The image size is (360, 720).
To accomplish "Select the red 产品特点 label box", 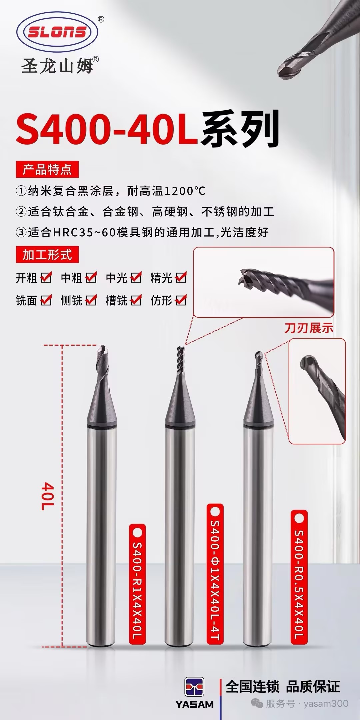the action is [x=47, y=169].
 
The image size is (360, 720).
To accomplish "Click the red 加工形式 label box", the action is [x=47, y=255].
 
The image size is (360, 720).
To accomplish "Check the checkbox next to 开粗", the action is [x=46, y=277].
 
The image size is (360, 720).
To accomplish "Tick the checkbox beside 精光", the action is [x=181, y=277].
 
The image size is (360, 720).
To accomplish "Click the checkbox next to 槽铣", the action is [x=136, y=300].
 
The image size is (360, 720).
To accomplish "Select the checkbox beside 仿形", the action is [x=181, y=300].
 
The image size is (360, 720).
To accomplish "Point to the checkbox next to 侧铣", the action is [x=91, y=300].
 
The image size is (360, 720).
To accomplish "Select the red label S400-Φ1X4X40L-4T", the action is [x=215, y=574].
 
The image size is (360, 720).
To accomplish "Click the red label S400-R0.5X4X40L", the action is [x=299, y=577].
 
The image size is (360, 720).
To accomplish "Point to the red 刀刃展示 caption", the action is [x=309, y=328].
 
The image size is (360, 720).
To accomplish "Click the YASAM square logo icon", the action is [x=194, y=687].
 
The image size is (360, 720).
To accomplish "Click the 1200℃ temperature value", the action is [x=185, y=191].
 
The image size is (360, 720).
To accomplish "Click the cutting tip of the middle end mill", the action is [x=180, y=348].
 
